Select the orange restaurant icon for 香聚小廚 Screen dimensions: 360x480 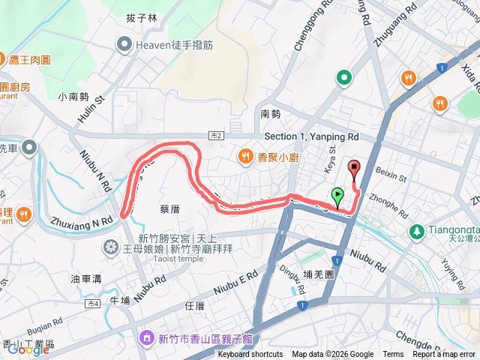coord(245,156)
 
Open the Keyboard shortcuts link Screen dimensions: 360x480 coord(250,355)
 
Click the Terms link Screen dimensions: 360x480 coord(393,355)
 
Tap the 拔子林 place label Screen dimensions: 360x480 coord(142,18)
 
